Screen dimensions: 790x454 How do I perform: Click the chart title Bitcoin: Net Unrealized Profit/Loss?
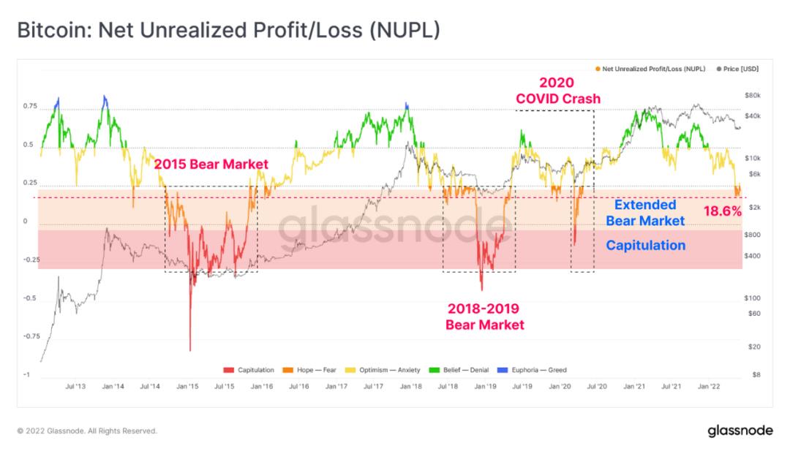pyautogui.click(x=229, y=30)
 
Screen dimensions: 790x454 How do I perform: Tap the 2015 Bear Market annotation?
pyautogui.click(x=211, y=164)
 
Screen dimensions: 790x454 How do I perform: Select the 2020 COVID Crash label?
pyautogui.click(x=557, y=91)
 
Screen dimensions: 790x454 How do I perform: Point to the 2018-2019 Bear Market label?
pyautogui.click(x=484, y=317)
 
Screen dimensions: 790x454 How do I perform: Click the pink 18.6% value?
pyautogui.click(x=723, y=211)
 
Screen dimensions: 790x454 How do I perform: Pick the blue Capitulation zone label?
pyautogui.click(x=645, y=245)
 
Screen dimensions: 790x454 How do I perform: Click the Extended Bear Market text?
pyautogui.click(x=645, y=213)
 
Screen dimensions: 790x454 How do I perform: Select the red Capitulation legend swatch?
pyautogui.click(x=228, y=370)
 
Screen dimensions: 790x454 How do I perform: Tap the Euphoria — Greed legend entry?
pyautogui.click(x=532, y=370)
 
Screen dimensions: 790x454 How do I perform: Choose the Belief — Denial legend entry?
pyautogui.click(x=459, y=370)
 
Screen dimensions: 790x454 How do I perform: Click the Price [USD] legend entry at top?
pyautogui.click(x=737, y=69)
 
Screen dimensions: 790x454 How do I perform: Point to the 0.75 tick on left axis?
pyautogui.click(x=30, y=106)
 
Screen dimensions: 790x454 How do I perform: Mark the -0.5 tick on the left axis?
pyautogui.click(x=30, y=298)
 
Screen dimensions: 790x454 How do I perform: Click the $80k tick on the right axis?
pyautogui.click(x=752, y=96)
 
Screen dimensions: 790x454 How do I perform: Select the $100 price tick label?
pyautogui.click(x=752, y=298)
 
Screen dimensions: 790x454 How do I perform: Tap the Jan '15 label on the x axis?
pyautogui.click(x=187, y=387)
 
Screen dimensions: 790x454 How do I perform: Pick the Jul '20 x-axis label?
pyautogui.click(x=597, y=387)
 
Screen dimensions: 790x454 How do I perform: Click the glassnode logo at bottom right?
pyautogui.click(x=740, y=431)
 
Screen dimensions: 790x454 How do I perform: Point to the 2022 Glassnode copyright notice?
pyautogui.click(x=87, y=431)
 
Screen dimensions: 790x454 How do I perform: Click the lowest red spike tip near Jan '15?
pyautogui.click(x=190, y=351)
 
